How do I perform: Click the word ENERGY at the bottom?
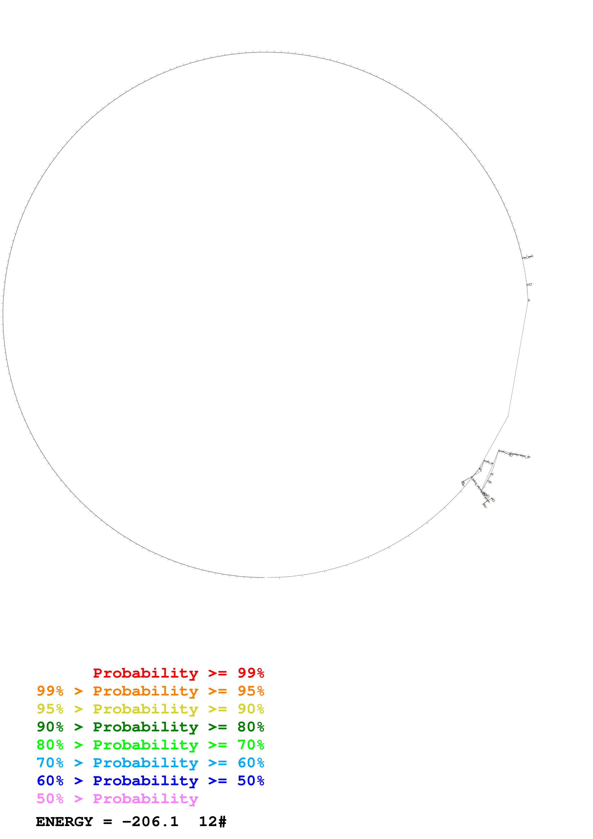pyautogui.click(x=64, y=822)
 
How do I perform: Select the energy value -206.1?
pyautogui.click(x=150, y=822)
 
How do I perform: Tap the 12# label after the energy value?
pyautogui.click(x=212, y=822)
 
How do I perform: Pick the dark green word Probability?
pyautogui.click(x=145, y=727)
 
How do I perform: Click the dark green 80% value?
pyautogui.click(x=251, y=727)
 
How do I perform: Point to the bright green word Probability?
pyautogui.click(x=145, y=745)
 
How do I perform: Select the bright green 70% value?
pyautogui.click(x=251, y=745)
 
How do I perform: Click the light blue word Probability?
pyautogui.click(x=145, y=763)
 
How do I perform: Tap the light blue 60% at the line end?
pyautogui.click(x=251, y=763)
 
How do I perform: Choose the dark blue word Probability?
pyautogui.click(x=145, y=781)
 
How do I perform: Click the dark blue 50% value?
pyautogui.click(x=251, y=781)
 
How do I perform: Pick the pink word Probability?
pyautogui.click(x=145, y=799)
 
